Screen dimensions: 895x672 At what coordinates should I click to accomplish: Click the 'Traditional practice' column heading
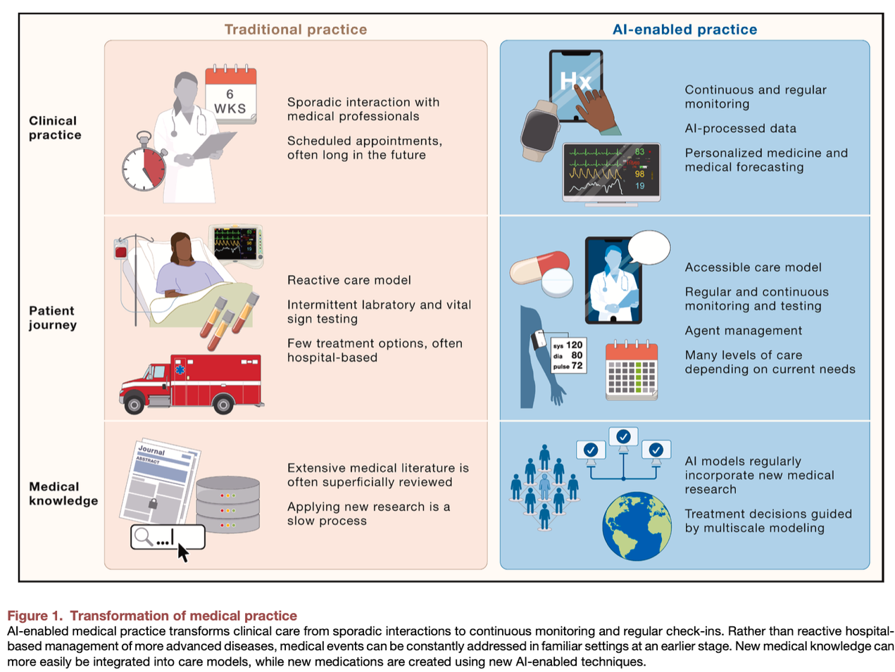tap(295, 30)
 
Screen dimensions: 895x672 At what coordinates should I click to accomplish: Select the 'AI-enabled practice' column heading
tap(684, 30)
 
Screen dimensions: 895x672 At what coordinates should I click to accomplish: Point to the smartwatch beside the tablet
tap(540, 131)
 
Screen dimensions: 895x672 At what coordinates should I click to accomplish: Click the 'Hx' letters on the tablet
tap(575, 81)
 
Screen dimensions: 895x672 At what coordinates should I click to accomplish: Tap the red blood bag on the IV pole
tap(121, 251)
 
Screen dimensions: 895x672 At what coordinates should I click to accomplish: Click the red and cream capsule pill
tap(539, 267)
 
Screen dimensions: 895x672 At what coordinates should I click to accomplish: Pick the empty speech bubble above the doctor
tap(649, 247)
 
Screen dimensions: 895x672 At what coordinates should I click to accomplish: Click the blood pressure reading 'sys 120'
tap(568, 345)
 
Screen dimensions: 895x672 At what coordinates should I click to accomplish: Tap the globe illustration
tap(637, 526)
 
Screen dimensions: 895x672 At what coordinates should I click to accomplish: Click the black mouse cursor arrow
tap(183, 552)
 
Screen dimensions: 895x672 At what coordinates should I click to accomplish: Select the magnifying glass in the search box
tap(144, 537)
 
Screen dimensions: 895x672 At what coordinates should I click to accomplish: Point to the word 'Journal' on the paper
tap(151, 450)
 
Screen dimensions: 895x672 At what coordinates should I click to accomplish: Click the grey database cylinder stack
tap(227, 505)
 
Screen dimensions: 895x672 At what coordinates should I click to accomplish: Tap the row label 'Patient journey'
tap(53, 317)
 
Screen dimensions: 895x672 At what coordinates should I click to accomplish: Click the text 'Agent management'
tap(743, 330)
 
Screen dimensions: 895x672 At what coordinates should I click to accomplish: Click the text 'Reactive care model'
tap(349, 280)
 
